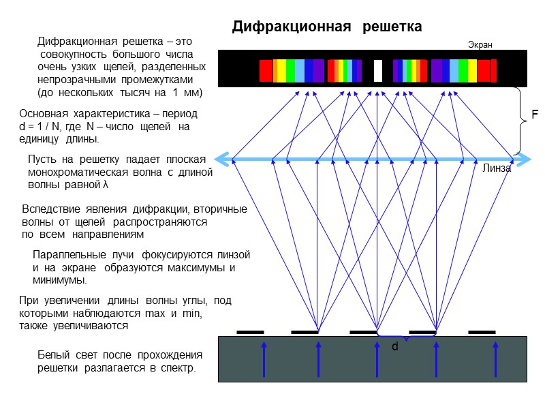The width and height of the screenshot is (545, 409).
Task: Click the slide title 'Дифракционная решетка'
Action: [327, 27]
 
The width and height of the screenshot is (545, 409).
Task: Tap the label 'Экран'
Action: [480, 45]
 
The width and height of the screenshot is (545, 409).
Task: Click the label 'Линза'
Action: [496, 169]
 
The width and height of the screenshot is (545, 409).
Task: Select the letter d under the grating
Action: [394, 347]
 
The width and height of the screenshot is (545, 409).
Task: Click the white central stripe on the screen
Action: [378, 70]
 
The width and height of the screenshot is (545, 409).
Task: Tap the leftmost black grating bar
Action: [250, 332]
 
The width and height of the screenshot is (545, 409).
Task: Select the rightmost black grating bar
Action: [482, 332]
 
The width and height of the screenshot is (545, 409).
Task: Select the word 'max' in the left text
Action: [156, 314]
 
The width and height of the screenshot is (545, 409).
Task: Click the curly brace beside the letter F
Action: [522, 121]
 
